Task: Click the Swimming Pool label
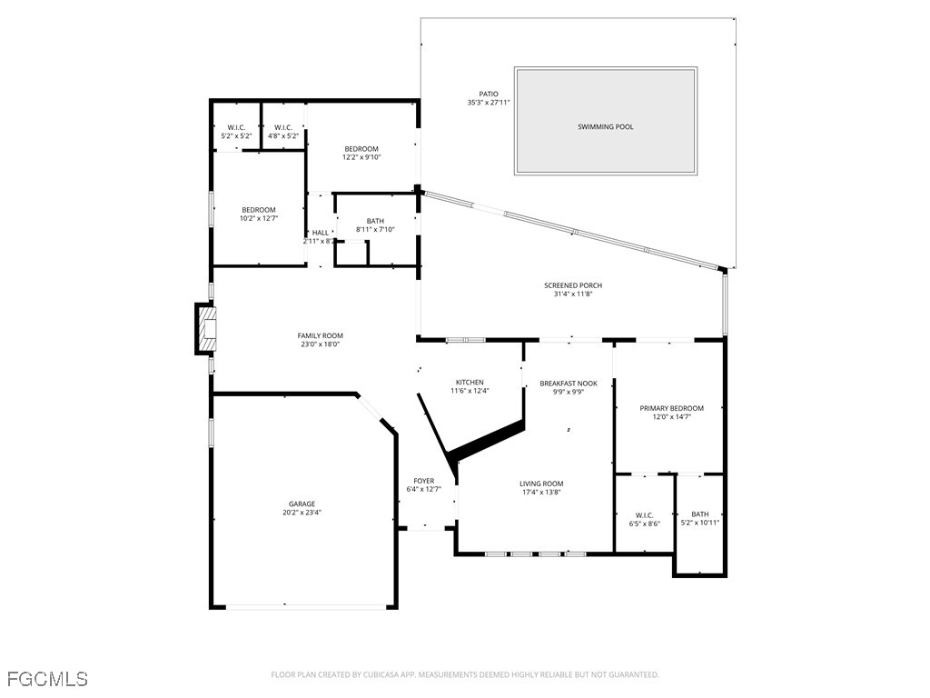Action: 606,127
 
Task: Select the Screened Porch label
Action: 573,285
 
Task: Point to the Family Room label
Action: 321,335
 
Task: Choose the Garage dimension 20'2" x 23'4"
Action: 302,513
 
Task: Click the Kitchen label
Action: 470,382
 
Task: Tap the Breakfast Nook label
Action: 569,384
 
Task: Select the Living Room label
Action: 541,484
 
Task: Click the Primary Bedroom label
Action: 671,408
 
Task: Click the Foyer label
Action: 423,481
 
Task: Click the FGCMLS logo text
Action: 47,679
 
